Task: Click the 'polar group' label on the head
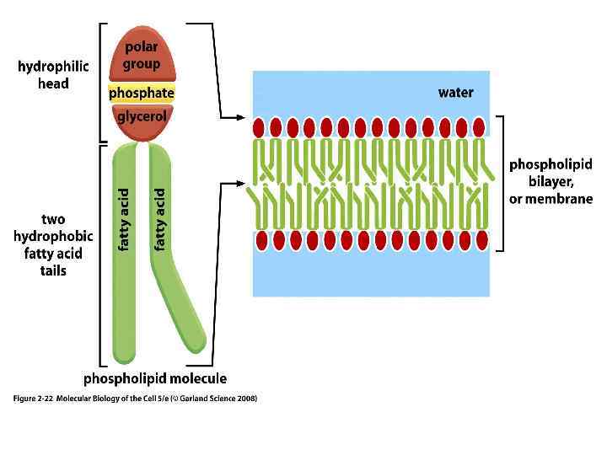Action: pyautogui.click(x=141, y=56)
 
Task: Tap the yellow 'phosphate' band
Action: pyautogui.click(x=141, y=93)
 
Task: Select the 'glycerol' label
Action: pyautogui.click(x=141, y=117)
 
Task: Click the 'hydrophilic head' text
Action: pyautogui.click(x=53, y=76)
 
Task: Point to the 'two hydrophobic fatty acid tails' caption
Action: pyautogui.click(x=53, y=245)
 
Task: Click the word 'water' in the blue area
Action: pyautogui.click(x=455, y=93)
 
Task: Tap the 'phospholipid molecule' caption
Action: pyautogui.click(x=155, y=379)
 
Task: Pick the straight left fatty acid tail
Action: pyautogui.click(x=125, y=253)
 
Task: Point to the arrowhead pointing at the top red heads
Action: pyautogui.click(x=241, y=117)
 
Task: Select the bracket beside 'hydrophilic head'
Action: pyautogui.click(x=101, y=82)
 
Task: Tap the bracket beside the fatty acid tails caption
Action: pyautogui.click(x=102, y=253)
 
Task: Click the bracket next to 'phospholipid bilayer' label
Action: pyautogui.click(x=501, y=183)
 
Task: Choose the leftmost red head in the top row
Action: pyautogui.click(x=260, y=128)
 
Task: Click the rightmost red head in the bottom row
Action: pyautogui.click(x=481, y=240)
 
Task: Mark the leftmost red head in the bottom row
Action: pyautogui.click(x=262, y=240)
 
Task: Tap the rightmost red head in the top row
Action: pyautogui.click(x=479, y=128)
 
